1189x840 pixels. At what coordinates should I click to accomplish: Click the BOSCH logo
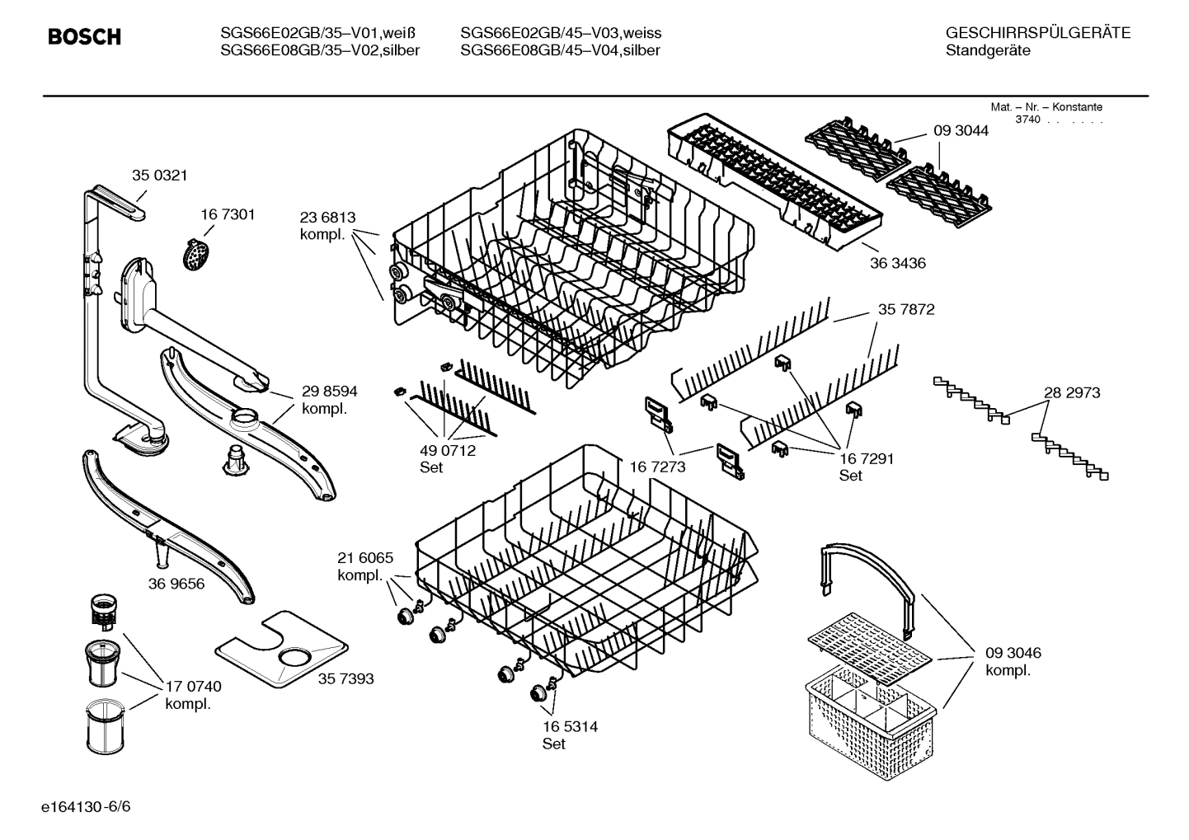(x=84, y=37)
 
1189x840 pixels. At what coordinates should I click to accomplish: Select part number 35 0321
(x=160, y=175)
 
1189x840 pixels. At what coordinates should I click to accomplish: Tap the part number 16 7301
(x=228, y=214)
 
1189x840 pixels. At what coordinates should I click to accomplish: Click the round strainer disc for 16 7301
(x=195, y=255)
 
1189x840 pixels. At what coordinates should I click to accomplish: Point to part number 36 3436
(x=897, y=263)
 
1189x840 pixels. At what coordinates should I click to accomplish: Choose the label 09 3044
(x=961, y=131)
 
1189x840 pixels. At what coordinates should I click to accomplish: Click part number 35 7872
(x=906, y=310)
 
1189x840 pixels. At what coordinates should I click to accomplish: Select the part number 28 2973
(x=1072, y=393)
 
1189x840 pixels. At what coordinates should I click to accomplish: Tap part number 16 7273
(x=657, y=467)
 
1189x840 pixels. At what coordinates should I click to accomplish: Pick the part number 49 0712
(x=448, y=451)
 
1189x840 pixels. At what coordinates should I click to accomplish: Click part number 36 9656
(x=176, y=584)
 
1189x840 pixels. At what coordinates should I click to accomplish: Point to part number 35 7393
(x=345, y=678)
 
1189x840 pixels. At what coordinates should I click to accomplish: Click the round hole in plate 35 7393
(x=294, y=657)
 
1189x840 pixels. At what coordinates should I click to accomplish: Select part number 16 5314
(x=570, y=727)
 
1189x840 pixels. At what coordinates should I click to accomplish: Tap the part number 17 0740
(x=193, y=687)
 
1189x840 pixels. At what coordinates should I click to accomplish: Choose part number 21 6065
(x=365, y=558)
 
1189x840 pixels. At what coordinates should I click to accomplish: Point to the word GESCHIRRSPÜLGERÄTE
(x=1037, y=33)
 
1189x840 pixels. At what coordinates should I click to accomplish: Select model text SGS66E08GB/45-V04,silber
(x=560, y=50)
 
